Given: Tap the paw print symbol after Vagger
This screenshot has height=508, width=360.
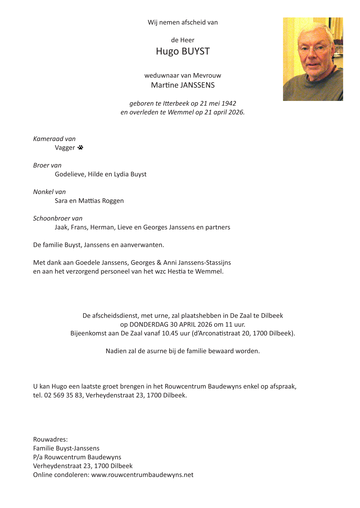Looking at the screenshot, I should [80, 148].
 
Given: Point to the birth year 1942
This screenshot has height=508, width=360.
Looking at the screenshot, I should [229, 103].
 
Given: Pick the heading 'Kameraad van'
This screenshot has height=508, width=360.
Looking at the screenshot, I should [54, 139].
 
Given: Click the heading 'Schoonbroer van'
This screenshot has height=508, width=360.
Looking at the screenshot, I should [58, 218].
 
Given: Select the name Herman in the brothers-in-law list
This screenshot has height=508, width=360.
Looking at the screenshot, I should [102, 227].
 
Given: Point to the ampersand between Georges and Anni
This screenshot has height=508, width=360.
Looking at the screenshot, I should [159, 263].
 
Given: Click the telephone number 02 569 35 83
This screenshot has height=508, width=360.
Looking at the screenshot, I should [63, 395].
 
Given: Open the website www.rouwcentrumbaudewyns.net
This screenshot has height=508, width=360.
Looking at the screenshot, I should [142, 475].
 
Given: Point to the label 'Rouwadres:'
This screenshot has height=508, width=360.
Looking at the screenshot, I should [50, 439].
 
